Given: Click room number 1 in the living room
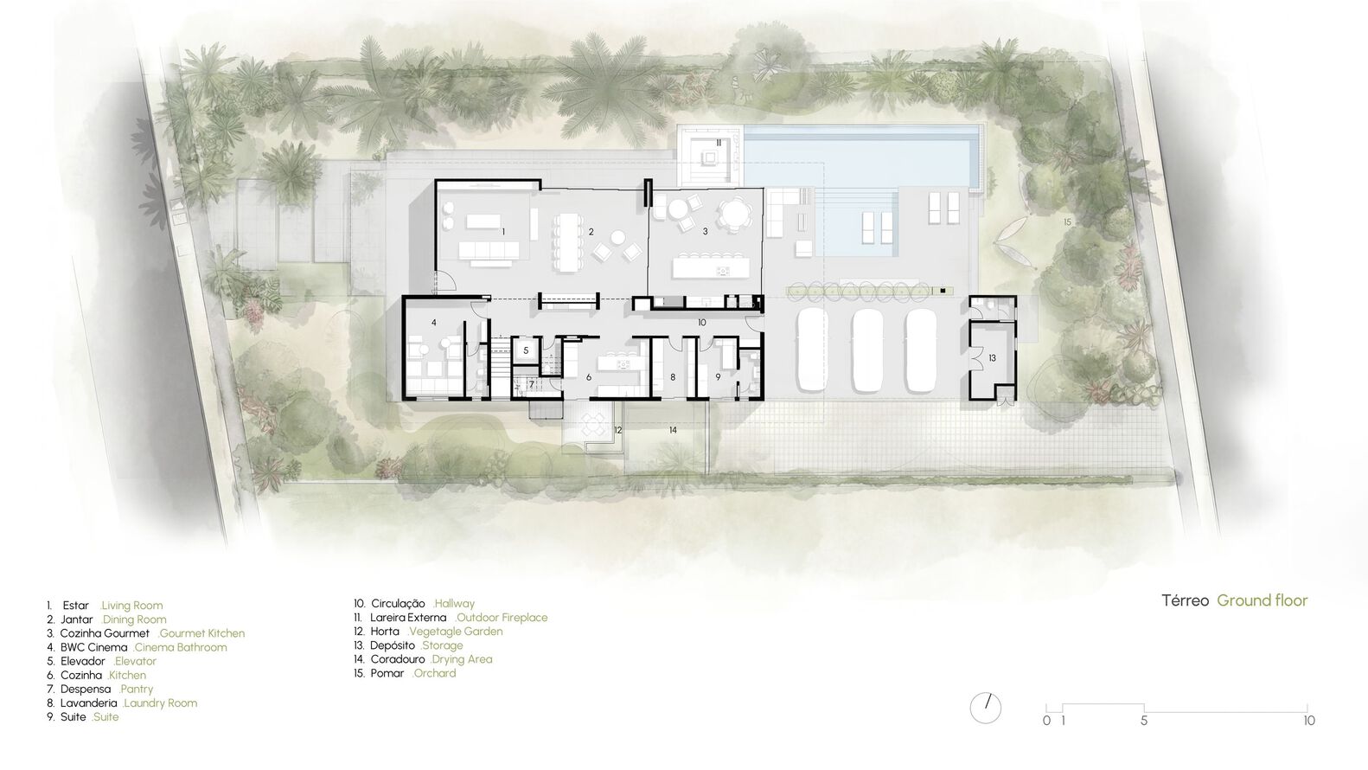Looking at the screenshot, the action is tap(503, 232).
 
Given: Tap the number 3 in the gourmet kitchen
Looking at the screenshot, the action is tap(706, 232).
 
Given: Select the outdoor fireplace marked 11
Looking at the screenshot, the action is tap(710, 158).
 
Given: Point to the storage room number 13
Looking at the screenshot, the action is tap(992, 357).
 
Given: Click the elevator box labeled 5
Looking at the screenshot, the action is tap(526, 351).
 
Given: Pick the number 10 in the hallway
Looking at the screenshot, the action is tap(701, 322).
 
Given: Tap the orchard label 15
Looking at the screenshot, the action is tap(1067, 221).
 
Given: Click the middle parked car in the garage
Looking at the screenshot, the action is tap(868, 350).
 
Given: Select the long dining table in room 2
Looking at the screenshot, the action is tap(568, 242).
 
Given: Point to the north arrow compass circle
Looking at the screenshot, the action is tap(986, 709).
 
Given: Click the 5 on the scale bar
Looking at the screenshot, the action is tap(1144, 721).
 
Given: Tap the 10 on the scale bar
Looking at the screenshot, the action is tap(1308, 721).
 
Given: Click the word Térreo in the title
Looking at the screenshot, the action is tap(1185, 600).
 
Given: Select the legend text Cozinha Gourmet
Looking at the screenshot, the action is tap(105, 633).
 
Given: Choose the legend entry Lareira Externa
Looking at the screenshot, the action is tap(408, 617).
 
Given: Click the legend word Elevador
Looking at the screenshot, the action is tap(82, 661).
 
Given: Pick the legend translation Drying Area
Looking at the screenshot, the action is tap(461, 659).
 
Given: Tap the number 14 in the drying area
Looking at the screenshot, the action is tap(673, 430).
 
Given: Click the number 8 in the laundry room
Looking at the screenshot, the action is tap(673, 377).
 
